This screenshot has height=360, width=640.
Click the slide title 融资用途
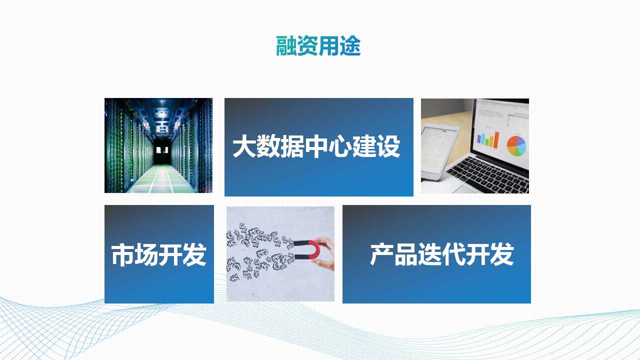318,45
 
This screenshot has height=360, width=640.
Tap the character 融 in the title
286,45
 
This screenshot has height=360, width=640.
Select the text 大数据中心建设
316,146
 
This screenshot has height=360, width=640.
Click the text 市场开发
159,254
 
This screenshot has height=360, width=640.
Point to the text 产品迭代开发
442,254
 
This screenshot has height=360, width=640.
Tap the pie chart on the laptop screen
516,145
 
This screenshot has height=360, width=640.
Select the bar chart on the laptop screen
488,139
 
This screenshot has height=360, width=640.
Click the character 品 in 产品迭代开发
406,254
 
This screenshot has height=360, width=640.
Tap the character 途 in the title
350,45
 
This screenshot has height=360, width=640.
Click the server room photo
158,145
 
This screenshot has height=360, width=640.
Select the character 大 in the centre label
244,146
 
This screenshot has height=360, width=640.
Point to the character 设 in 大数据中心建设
389,146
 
